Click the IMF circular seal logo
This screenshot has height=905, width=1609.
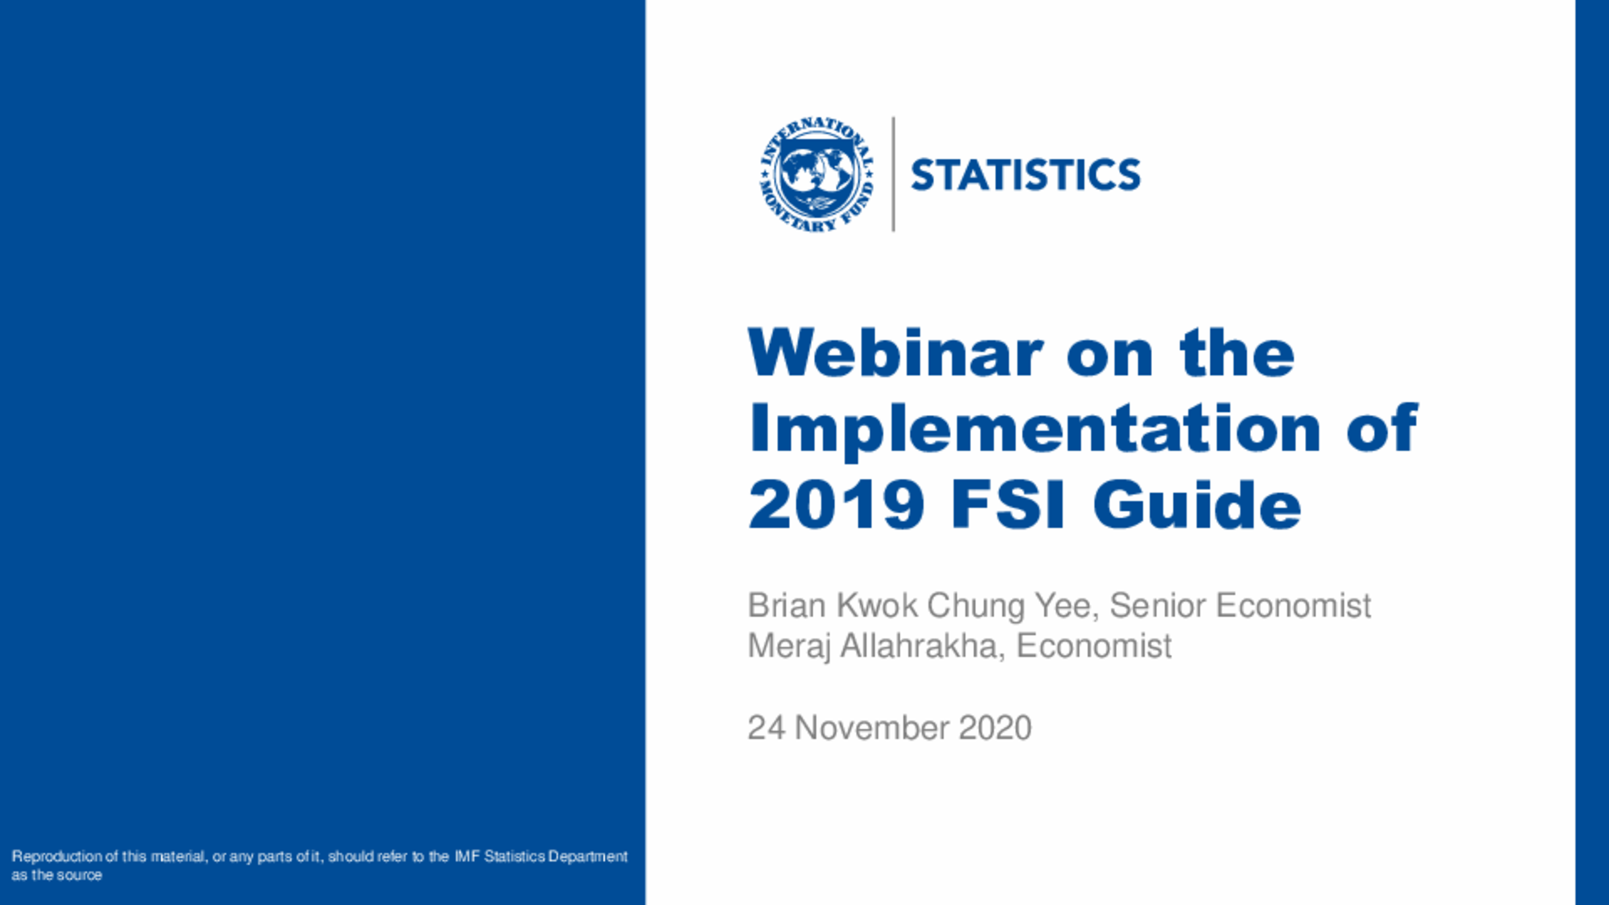click(817, 175)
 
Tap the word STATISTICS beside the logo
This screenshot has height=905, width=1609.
click(1026, 175)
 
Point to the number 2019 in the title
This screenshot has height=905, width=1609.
click(836, 505)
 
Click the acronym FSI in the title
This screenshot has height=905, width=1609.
click(1008, 505)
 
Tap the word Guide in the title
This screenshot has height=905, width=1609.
click(1197, 505)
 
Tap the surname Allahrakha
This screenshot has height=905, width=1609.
click(923, 646)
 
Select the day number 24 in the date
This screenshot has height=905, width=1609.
click(767, 728)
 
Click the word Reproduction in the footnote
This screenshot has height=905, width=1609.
click(57, 857)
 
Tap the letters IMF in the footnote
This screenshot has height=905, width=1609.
click(467, 857)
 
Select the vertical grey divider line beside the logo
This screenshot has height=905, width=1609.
click(893, 175)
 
